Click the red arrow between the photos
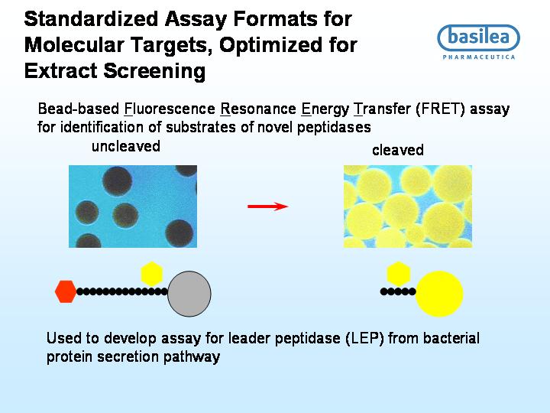[x=268, y=206]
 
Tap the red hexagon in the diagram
[x=66, y=291]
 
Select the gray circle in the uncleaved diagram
[x=189, y=294]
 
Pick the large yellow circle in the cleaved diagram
[x=439, y=294]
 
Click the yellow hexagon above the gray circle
[x=151, y=273]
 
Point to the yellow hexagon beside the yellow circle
[x=399, y=273]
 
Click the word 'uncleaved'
[x=126, y=146]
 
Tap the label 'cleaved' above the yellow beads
[x=398, y=150]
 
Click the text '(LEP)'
[x=364, y=338]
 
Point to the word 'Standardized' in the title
[x=91, y=18]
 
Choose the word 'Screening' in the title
[x=154, y=71]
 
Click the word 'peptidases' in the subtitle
[x=334, y=127]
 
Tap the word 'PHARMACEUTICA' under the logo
[x=479, y=57]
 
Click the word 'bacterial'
[x=451, y=338]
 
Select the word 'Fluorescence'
[x=170, y=109]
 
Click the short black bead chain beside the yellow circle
[x=398, y=291]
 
